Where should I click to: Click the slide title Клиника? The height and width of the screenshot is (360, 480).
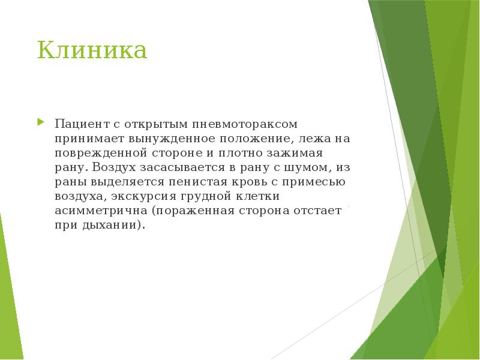coord(92,50)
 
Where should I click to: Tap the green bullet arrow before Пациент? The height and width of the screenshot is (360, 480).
coord(40,122)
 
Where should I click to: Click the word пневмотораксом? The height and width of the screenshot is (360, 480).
coord(245,124)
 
